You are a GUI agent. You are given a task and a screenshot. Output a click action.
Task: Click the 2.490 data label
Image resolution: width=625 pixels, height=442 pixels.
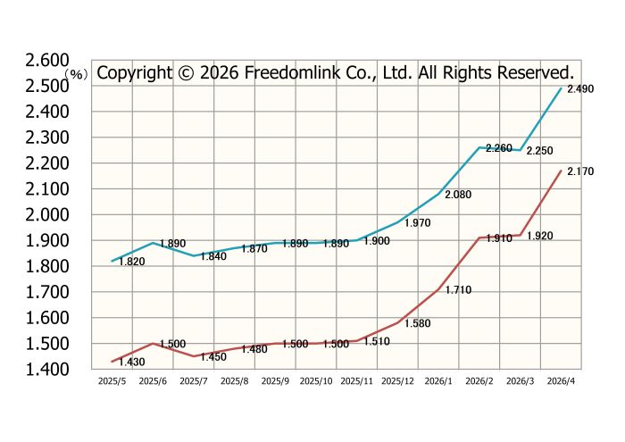pos(580,89)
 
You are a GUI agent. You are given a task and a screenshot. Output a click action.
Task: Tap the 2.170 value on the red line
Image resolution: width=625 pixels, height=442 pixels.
pos(580,171)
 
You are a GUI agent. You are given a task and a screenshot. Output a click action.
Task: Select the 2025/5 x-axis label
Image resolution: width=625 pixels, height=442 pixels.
pos(112,380)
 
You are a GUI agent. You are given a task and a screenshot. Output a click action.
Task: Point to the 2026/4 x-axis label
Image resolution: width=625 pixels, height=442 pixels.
pos(560,380)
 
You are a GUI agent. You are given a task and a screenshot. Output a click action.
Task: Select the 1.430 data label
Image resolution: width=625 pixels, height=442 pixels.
pos(131,362)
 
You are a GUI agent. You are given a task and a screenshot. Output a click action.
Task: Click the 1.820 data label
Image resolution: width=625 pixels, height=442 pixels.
pos(131,262)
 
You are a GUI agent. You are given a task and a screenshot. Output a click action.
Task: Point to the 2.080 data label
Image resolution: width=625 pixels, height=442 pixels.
pos(457,194)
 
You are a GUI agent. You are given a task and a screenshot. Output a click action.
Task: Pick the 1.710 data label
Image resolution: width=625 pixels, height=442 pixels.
pos(457,290)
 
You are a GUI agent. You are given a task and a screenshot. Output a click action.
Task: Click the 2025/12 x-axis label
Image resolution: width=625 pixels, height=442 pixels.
pos(397,380)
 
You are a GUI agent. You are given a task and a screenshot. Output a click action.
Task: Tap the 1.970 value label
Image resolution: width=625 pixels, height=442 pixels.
pos(418,223)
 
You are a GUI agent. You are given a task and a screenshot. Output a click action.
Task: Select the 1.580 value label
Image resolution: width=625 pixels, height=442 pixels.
pos(418,323)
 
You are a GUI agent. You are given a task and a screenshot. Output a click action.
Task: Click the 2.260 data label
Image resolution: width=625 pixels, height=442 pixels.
pos(498,148)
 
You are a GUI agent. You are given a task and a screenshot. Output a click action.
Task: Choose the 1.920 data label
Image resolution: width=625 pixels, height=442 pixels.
pos(539,236)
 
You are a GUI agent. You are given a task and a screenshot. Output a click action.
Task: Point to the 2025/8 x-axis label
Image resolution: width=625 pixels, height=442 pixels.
pos(234,380)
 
